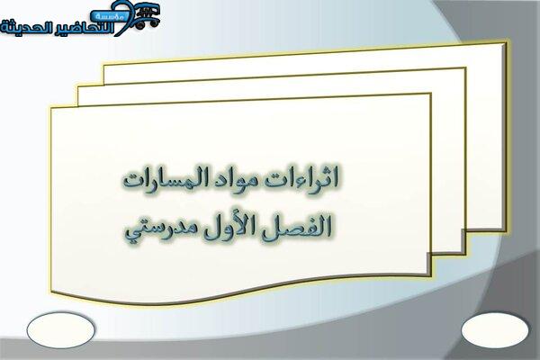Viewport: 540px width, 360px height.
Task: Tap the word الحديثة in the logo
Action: (x=24, y=28)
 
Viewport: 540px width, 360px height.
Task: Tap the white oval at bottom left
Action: (x=60, y=330)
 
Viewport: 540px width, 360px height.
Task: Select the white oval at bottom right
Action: (x=494, y=330)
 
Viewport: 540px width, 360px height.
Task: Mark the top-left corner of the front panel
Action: (x=51, y=108)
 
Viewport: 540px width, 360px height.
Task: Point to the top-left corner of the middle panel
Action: (x=78, y=87)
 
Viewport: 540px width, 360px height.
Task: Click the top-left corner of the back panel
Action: (x=104, y=66)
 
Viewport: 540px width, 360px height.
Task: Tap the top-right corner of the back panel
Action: (x=506, y=43)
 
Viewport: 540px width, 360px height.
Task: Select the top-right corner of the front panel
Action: (x=430, y=94)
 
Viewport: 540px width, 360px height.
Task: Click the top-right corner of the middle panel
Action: (x=465, y=68)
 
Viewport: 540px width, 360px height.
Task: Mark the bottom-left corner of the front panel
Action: (x=52, y=292)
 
